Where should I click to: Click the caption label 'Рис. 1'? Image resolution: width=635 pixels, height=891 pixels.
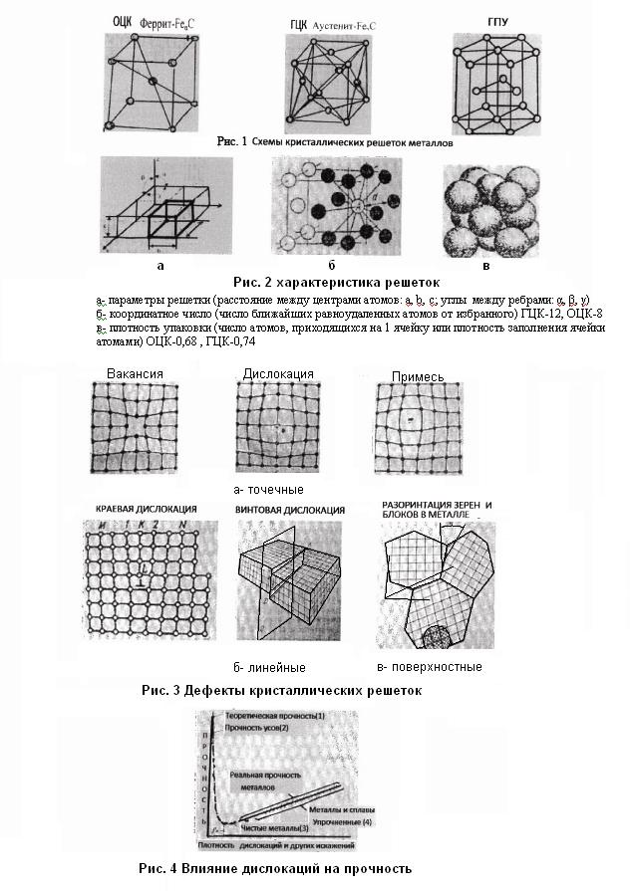231,142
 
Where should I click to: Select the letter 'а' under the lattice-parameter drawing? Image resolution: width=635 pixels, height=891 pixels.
160,266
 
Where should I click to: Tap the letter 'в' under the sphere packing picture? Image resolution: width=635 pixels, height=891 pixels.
485,266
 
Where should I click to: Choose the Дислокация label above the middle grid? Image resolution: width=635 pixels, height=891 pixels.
278,373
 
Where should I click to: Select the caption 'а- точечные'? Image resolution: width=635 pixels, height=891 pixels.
267,489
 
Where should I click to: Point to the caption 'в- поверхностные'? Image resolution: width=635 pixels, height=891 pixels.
430,666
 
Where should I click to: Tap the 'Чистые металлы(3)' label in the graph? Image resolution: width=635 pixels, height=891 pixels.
282,827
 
